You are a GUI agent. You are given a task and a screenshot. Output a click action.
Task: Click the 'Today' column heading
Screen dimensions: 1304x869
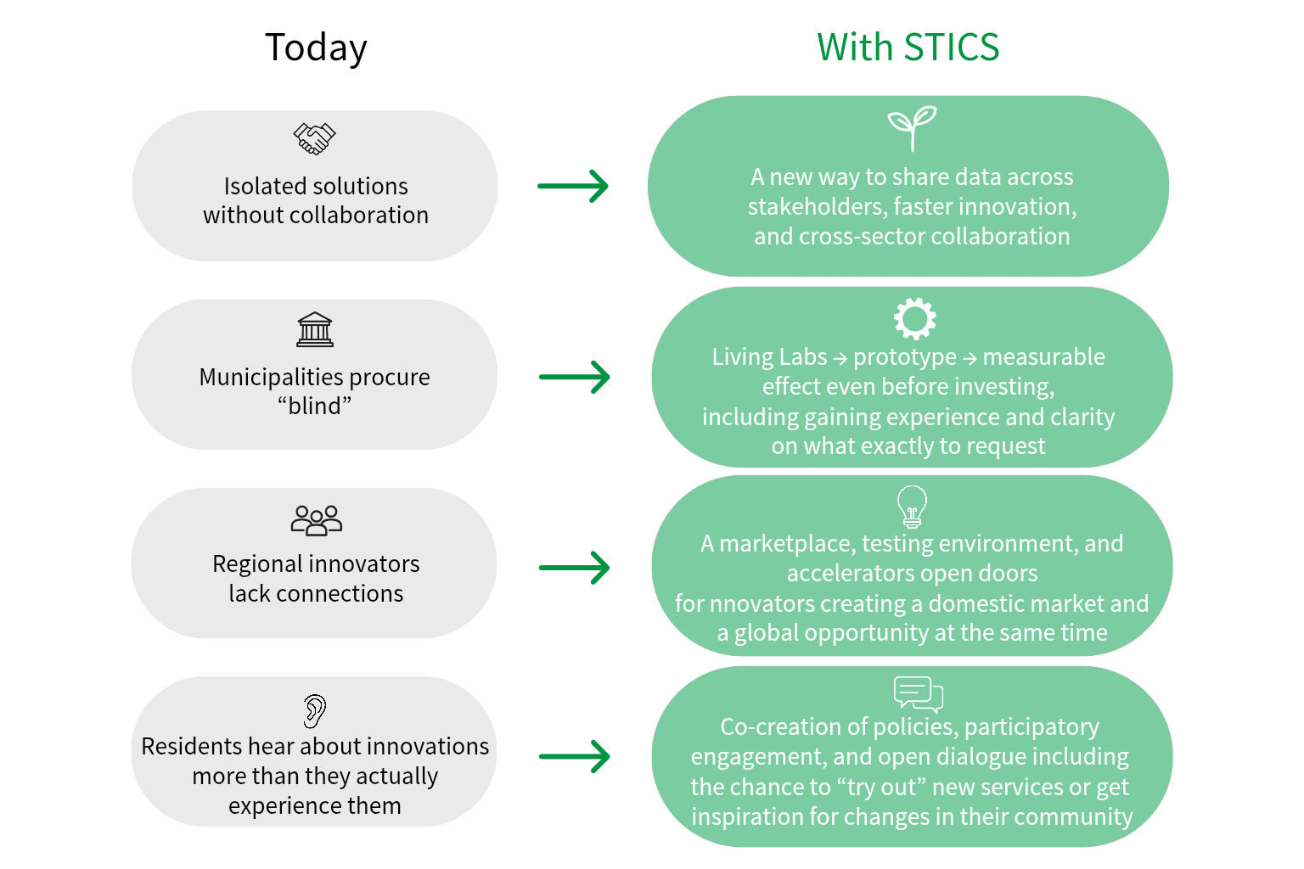[x=316, y=48]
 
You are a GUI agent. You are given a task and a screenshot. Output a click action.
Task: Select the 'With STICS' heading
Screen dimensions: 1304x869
[x=908, y=47]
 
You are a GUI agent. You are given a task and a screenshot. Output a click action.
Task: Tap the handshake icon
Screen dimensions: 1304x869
[x=314, y=138]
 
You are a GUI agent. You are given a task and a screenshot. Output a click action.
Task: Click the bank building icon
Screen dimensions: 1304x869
[x=315, y=329]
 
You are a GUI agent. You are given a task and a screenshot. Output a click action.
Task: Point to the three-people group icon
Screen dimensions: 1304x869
[x=316, y=519]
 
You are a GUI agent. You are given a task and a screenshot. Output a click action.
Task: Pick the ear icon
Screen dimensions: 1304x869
[x=315, y=710]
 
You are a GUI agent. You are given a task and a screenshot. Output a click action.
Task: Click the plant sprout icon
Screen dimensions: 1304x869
[x=913, y=128]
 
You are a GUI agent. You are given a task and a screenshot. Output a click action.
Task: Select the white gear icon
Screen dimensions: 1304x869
[x=915, y=319]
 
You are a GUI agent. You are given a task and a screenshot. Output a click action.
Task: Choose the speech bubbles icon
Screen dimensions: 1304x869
[x=918, y=694]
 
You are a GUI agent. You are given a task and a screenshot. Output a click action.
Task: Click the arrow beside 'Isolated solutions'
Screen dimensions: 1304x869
[x=573, y=186]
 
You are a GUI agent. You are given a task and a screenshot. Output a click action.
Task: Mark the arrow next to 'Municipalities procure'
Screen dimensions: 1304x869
[x=575, y=377]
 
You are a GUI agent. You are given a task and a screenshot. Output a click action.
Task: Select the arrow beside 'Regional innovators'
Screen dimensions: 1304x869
[x=575, y=568]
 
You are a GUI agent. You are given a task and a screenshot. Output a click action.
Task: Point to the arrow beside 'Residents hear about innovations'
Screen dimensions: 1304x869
[x=575, y=757]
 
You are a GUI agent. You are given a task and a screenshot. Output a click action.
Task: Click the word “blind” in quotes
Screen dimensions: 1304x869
[x=314, y=406]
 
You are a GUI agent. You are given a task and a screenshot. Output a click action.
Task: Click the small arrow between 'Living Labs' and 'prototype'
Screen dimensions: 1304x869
[x=840, y=358]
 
